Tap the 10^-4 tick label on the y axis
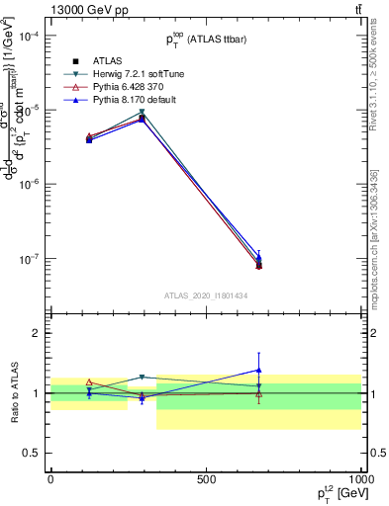coord(31,36)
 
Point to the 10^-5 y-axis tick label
coord(31,110)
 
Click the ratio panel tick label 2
coord(37,333)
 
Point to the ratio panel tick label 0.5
coord(33,454)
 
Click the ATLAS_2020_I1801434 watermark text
coord(205,295)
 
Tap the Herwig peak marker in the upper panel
coord(143,112)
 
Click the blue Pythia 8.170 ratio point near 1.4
coord(258,370)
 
